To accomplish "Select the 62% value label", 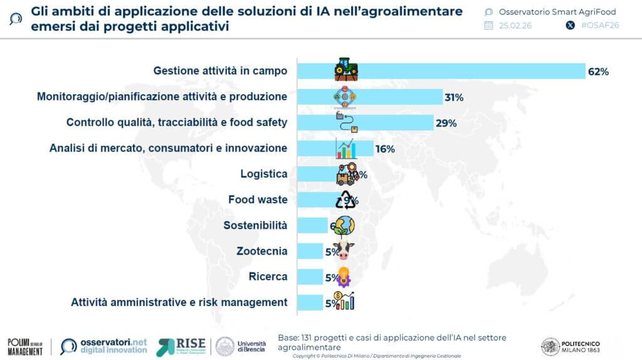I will (598, 71).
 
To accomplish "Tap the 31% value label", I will (454, 97).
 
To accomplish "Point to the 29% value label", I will (446, 123).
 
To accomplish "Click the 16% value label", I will (385, 149).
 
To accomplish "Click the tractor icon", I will (345, 70).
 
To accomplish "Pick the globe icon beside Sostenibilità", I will (344, 225).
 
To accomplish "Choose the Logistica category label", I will (263, 174).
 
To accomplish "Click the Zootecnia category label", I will (261, 251).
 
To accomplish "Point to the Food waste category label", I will (258, 200).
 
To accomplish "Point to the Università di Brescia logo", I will (241, 346).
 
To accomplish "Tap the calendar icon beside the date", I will (489, 26).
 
